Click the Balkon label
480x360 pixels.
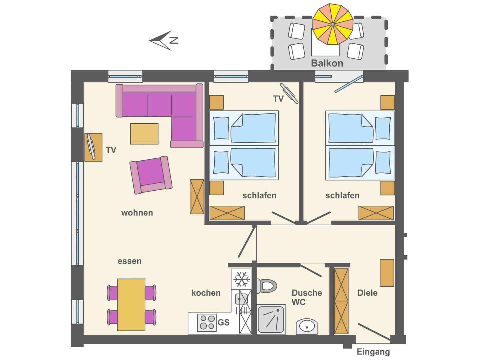[327, 63]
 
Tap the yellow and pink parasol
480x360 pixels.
[332, 24]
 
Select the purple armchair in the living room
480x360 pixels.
[151, 175]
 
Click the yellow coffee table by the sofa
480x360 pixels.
[144, 134]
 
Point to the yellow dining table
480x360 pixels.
[131, 304]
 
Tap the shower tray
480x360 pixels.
[271, 319]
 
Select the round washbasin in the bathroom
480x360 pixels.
[307, 327]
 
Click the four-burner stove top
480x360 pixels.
[207, 322]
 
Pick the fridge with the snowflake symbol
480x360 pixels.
[242, 279]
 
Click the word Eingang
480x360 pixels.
[373, 352]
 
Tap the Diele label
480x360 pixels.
[367, 293]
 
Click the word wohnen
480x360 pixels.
[137, 213]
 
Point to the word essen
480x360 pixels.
[129, 261]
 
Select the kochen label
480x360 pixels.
[206, 293]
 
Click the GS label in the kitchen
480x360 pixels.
[223, 322]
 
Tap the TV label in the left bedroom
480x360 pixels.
[278, 99]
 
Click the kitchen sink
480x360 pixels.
[241, 299]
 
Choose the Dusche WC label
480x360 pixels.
[306, 297]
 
